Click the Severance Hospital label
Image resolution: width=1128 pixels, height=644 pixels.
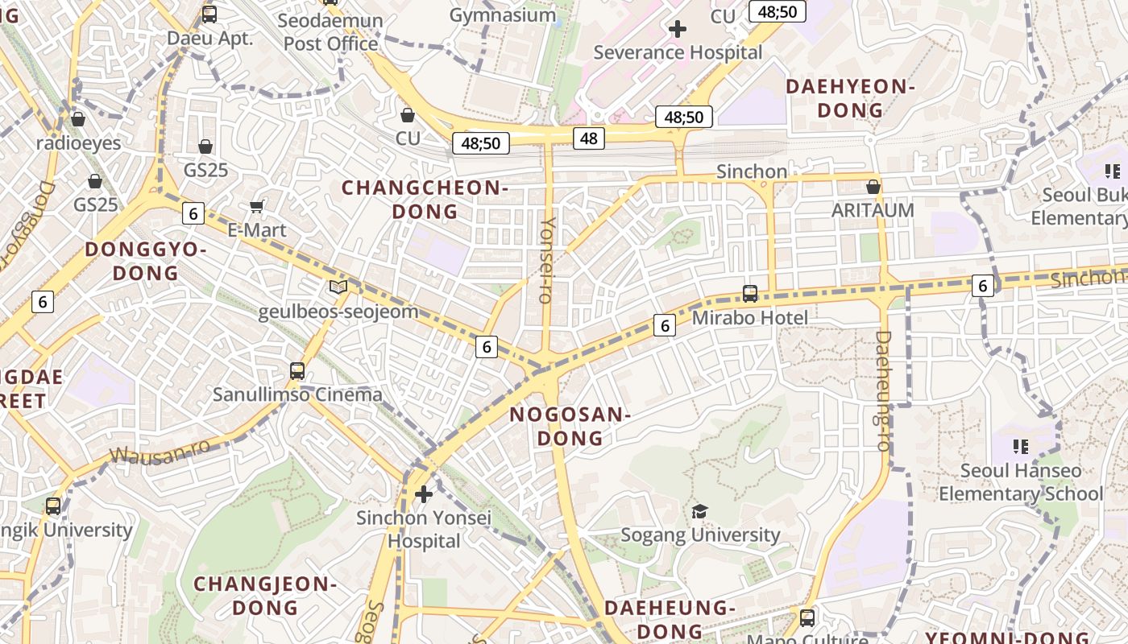click(x=678, y=52)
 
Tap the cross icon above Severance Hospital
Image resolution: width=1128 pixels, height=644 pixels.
click(x=678, y=29)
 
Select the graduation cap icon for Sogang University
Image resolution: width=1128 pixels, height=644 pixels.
click(x=699, y=511)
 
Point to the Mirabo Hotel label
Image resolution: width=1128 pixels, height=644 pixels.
click(x=749, y=318)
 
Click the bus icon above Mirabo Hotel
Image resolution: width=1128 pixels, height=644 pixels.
click(x=750, y=294)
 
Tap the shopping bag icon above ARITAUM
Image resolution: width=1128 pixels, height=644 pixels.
click(x=873, y=188)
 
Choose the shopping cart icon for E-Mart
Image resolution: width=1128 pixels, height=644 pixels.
click(x=257, y=207)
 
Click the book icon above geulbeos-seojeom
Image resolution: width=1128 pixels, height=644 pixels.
click(x=338, y=287)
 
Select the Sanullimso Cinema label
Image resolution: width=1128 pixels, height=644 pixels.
click(x=297, y=394)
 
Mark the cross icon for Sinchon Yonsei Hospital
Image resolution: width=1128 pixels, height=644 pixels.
click(x=423, y=493)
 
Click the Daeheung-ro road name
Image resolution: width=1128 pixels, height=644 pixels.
click(x=883, y=390)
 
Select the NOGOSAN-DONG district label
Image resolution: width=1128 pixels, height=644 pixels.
click(x=570, y=427)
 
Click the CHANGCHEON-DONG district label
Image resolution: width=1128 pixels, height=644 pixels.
click(x=425, y=200)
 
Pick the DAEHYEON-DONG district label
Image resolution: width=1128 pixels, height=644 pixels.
click(x=850, y=98)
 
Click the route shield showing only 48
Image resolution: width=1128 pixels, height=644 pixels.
click(x=589, y=138)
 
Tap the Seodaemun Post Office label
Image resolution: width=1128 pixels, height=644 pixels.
click(x=330, y=32)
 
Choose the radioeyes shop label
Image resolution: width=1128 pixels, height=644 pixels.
click(x=78, y=143)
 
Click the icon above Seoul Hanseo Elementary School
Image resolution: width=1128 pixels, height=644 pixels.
click(x=1021, y=446)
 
